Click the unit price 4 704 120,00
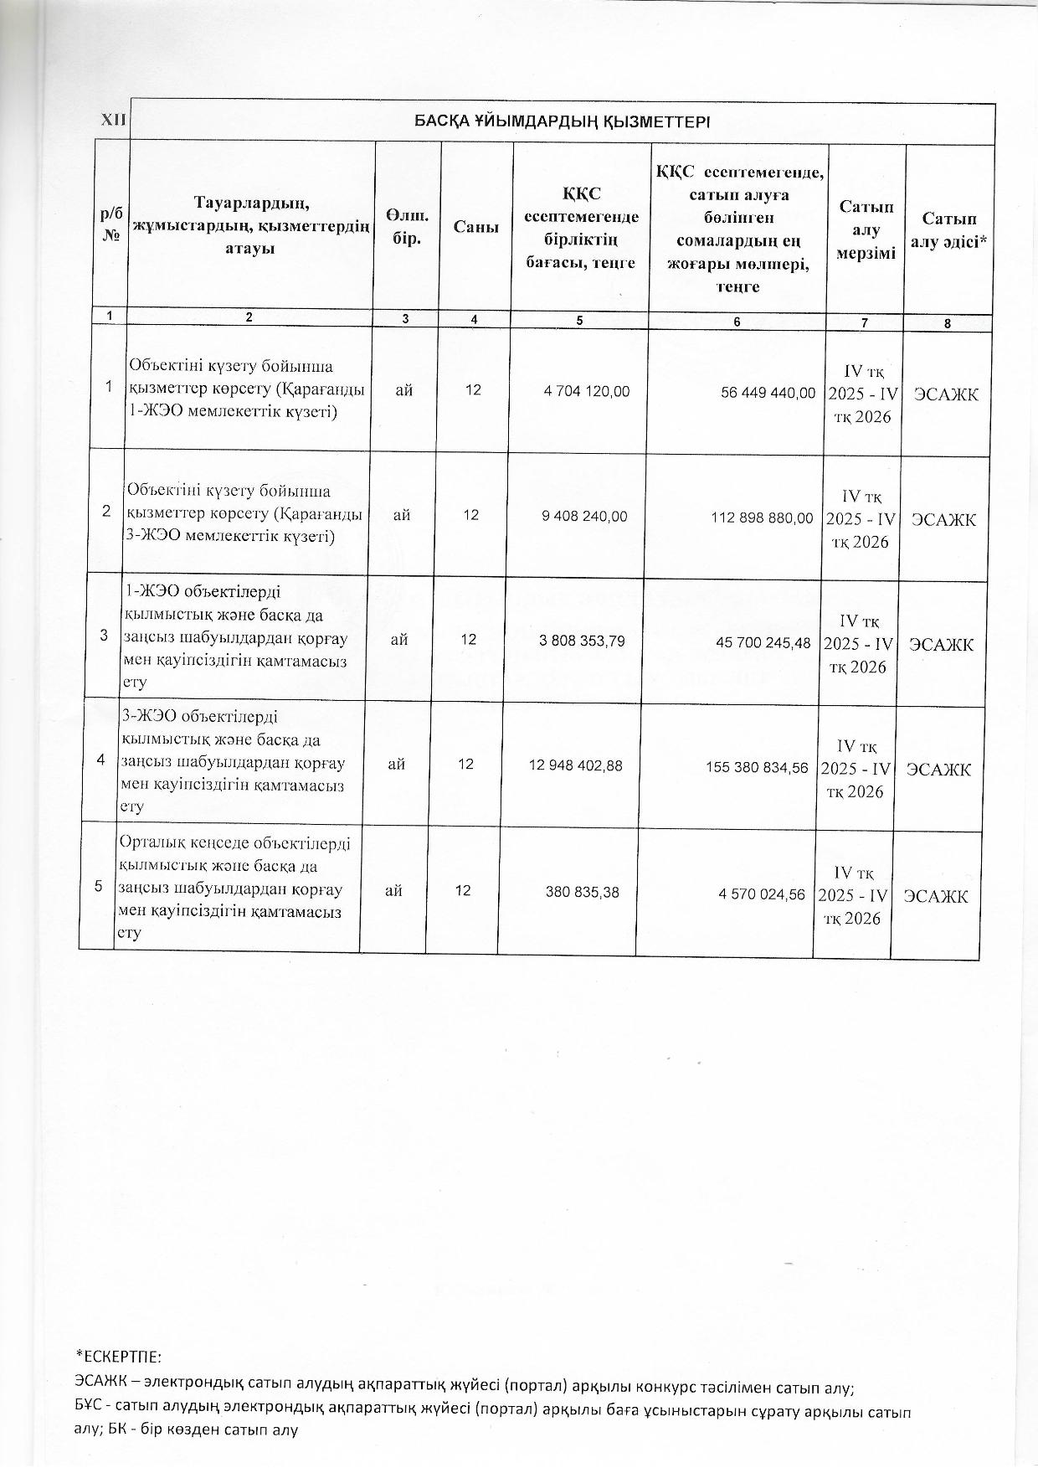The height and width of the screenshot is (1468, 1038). pyautogui.click(x=586, y=391)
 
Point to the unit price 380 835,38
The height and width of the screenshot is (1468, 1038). pyautogui.click(x=582, y=893)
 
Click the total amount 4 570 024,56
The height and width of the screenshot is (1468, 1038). pyautogui.click(x=762, y=894)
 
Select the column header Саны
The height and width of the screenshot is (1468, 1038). pyautogui.click(x=476, y=227)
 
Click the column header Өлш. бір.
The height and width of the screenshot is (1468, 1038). pyautogui.click(x=407, y=227)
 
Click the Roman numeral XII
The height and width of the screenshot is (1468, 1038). pyautogui.click(x=112, y=121)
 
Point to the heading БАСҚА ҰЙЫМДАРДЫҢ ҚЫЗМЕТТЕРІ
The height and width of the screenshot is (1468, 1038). pyautogui.click(x=563, y=122)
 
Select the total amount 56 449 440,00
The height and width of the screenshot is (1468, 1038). pyautogui.click(x=768, y=393)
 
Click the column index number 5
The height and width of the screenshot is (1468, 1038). pyautogui.click(x=579, y=320)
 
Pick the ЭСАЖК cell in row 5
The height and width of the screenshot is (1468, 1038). pyautogui.click(x=935, y=896)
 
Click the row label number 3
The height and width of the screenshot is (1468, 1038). pyautogui.click(x=104, y=636)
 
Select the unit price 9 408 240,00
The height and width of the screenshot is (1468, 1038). pyautogui.click(x=584, y=517)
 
